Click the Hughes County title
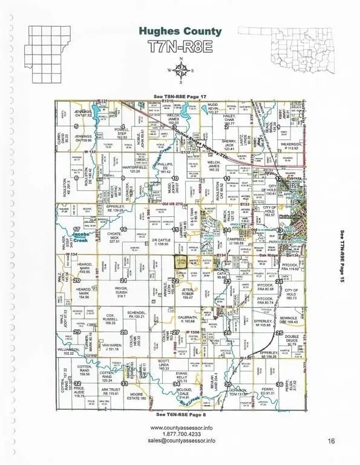tap(179, 29)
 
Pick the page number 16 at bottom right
tap(329, 440)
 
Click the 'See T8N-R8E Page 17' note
tap(180, 90)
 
